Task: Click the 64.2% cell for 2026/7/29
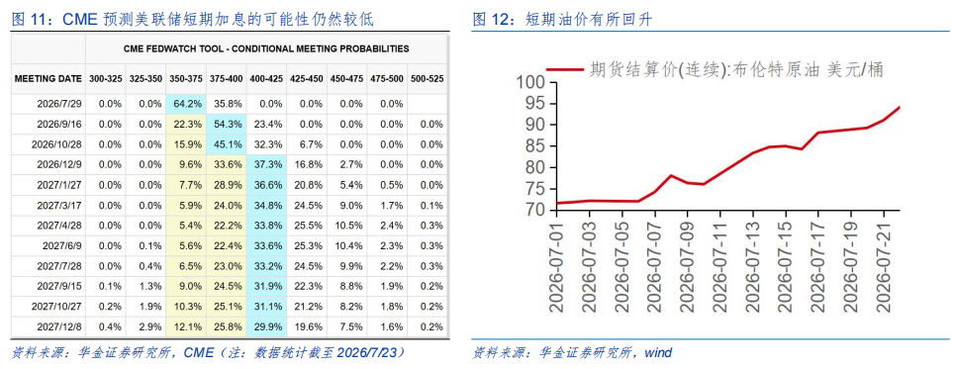pos(186,104)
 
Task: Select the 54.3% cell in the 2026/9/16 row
pos(227,124)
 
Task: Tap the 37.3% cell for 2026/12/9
pos(266,164)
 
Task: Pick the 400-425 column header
pos(266,79)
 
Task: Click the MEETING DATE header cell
pos(48,79)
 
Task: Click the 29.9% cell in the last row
pos(266,326)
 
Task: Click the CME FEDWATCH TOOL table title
pos(266,48)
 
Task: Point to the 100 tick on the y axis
pos(533,82)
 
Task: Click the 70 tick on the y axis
pos(538,211)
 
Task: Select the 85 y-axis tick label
pos(538,146)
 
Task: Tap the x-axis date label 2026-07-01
pos(556,265)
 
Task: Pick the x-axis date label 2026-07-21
pos(884,265)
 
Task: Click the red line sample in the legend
pos(564,69)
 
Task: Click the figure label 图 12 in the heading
pos(494,20)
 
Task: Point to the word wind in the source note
pos(658,352)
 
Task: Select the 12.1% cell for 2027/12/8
pos(186,326)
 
